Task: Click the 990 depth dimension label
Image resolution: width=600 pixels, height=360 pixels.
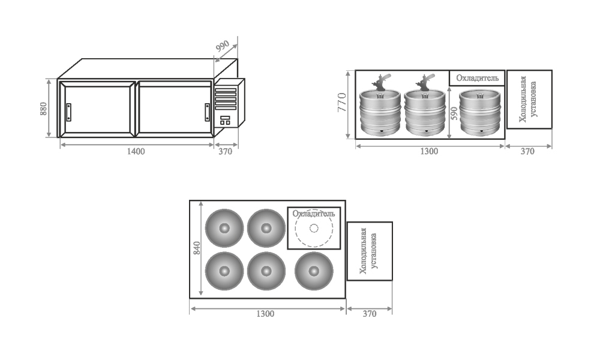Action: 223,46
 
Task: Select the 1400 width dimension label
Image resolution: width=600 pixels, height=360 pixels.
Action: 136,151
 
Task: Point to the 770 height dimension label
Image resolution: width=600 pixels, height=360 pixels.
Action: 342,102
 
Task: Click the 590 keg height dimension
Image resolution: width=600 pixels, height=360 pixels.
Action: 454,113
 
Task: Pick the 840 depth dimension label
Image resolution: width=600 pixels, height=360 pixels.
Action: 197,248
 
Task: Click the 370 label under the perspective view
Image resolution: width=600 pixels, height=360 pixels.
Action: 226,151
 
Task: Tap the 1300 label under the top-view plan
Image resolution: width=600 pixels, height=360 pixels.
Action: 265,314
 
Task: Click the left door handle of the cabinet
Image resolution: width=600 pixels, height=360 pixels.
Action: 69,112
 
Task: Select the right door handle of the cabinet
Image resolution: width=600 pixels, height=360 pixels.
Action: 206,112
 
